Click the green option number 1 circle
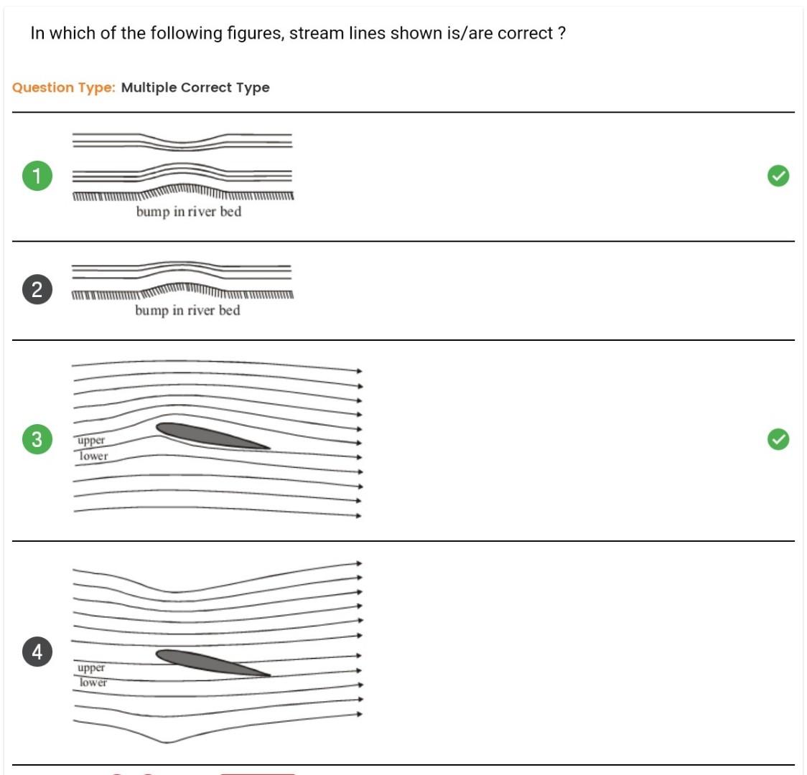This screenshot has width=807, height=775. (x=37, y=176)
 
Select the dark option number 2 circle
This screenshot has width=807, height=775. (x=37, y=290)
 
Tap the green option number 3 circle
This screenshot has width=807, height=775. (x=37, y=438)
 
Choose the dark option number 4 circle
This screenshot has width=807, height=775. (x=37, y=652)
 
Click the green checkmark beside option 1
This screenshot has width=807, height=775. (x=778, y=176)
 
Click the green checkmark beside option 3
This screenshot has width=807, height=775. (x=778, y=438)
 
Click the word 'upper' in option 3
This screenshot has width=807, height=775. (x=91, y=441)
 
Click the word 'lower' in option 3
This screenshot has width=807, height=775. (x=93, y=456)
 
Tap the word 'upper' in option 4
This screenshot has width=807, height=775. (x=91, y=667)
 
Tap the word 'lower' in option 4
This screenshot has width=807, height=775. (x=93, y=682)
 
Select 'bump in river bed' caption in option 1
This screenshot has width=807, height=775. (x=189, y=212)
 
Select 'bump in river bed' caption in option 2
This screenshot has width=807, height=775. (x=187, y=311)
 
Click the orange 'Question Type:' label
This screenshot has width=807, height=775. (x=63, y=88)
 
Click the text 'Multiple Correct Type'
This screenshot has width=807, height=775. (x=195, y=88)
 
